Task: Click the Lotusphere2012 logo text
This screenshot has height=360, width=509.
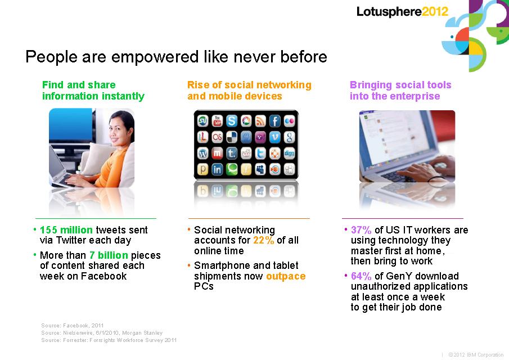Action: (x=402, y=12)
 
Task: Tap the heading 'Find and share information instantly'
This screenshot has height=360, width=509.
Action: (x=93, y=91)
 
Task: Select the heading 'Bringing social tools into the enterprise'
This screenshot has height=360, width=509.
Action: (x=400, y=91)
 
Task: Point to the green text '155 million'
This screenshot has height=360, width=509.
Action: (x=66, y=230)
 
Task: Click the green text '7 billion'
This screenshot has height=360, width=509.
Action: (x=109, y=255)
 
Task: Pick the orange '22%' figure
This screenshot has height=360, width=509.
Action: (x=264, y=240)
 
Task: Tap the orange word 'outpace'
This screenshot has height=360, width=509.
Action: (x=286, y=276)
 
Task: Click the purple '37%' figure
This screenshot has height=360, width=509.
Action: (x=361, y=230)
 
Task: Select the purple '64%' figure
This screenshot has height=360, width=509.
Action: (x=361, y=276)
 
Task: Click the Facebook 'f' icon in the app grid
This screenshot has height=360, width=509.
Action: (x=274, y=121)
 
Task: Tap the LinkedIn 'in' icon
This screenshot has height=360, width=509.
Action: (x=217, y=169)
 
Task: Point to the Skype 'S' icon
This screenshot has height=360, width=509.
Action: (x=232, y=121)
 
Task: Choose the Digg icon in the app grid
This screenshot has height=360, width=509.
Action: (x=289, y=153)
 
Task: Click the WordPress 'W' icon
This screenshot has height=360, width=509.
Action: (x=203, y=153)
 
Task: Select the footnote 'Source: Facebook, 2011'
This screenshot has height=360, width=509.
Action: (x=73, y=325)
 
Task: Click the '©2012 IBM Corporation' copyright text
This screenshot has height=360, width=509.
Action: (x=476, y=355)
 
